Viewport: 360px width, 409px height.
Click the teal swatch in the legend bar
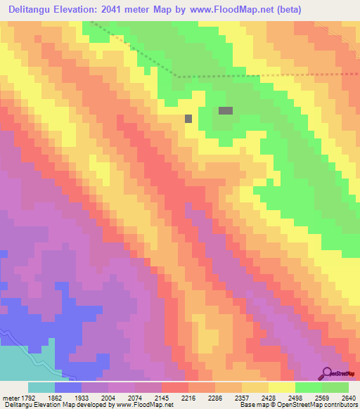41,387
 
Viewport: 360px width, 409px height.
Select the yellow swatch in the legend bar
281,387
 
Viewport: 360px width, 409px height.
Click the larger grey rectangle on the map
226,110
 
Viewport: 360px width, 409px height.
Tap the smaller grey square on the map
188,119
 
